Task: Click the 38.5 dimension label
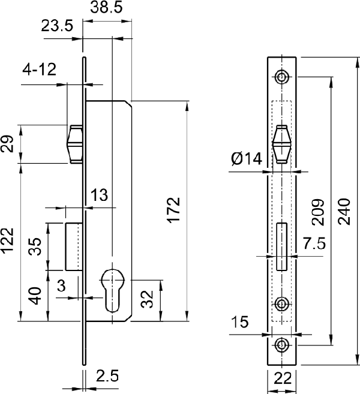[106, 7]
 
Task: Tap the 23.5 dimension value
[57, 26]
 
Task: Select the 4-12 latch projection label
[39, 70]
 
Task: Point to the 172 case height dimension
[174, 210]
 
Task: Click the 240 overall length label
[344, 212]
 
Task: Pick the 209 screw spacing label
[318, 212]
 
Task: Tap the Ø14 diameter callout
[247, 159]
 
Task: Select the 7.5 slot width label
[314, 243]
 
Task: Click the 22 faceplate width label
[283, 378]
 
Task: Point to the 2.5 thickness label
[107, 376]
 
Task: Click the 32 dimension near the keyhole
[147, 299]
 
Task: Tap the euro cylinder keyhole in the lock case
[112, 290]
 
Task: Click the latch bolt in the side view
[74, 145]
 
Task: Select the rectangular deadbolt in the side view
[74, 246]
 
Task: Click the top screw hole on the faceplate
[281, 76]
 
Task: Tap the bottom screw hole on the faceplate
[281, 345]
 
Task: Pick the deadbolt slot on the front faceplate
[282, 246]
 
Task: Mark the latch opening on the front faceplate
[282, 145]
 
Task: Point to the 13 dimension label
[99, 195]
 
